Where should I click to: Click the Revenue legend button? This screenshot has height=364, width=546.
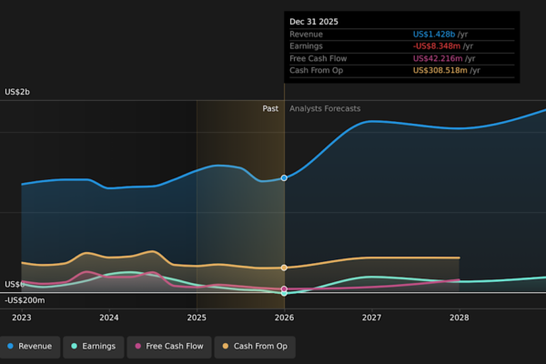pos(30,347)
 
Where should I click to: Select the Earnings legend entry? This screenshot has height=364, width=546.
pos(94,347)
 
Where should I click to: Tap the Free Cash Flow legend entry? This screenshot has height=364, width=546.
pos(169,347)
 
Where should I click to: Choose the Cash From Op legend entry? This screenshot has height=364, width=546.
pos(255,347)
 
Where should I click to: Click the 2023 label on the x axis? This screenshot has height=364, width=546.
pos(22,318)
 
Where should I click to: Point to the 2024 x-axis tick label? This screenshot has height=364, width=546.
pos(109,318)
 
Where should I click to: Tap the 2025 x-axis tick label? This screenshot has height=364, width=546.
pos(197,318)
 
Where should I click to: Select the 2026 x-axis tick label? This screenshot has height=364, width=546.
pos(284,318)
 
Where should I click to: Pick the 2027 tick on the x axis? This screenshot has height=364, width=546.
pos(371,318)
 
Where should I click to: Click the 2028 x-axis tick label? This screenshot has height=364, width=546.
pos(460,318)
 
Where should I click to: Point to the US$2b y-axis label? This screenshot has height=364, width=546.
pos(17,92)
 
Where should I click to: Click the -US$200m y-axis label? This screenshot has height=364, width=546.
pos(25,300)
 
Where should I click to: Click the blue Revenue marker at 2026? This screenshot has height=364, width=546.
pos(284,178)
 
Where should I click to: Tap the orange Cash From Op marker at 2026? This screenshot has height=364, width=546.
pos(284,268)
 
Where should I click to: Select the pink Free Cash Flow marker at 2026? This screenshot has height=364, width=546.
pos(284,288)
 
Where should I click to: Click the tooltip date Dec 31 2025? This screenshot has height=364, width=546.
pos(314,22)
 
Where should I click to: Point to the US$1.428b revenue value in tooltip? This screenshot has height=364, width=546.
pos(434,35)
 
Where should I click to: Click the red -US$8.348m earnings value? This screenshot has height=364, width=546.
pos(437,46)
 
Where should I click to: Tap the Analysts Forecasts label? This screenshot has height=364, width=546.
pos(325,108)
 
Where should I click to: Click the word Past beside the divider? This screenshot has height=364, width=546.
pos(270,108)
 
